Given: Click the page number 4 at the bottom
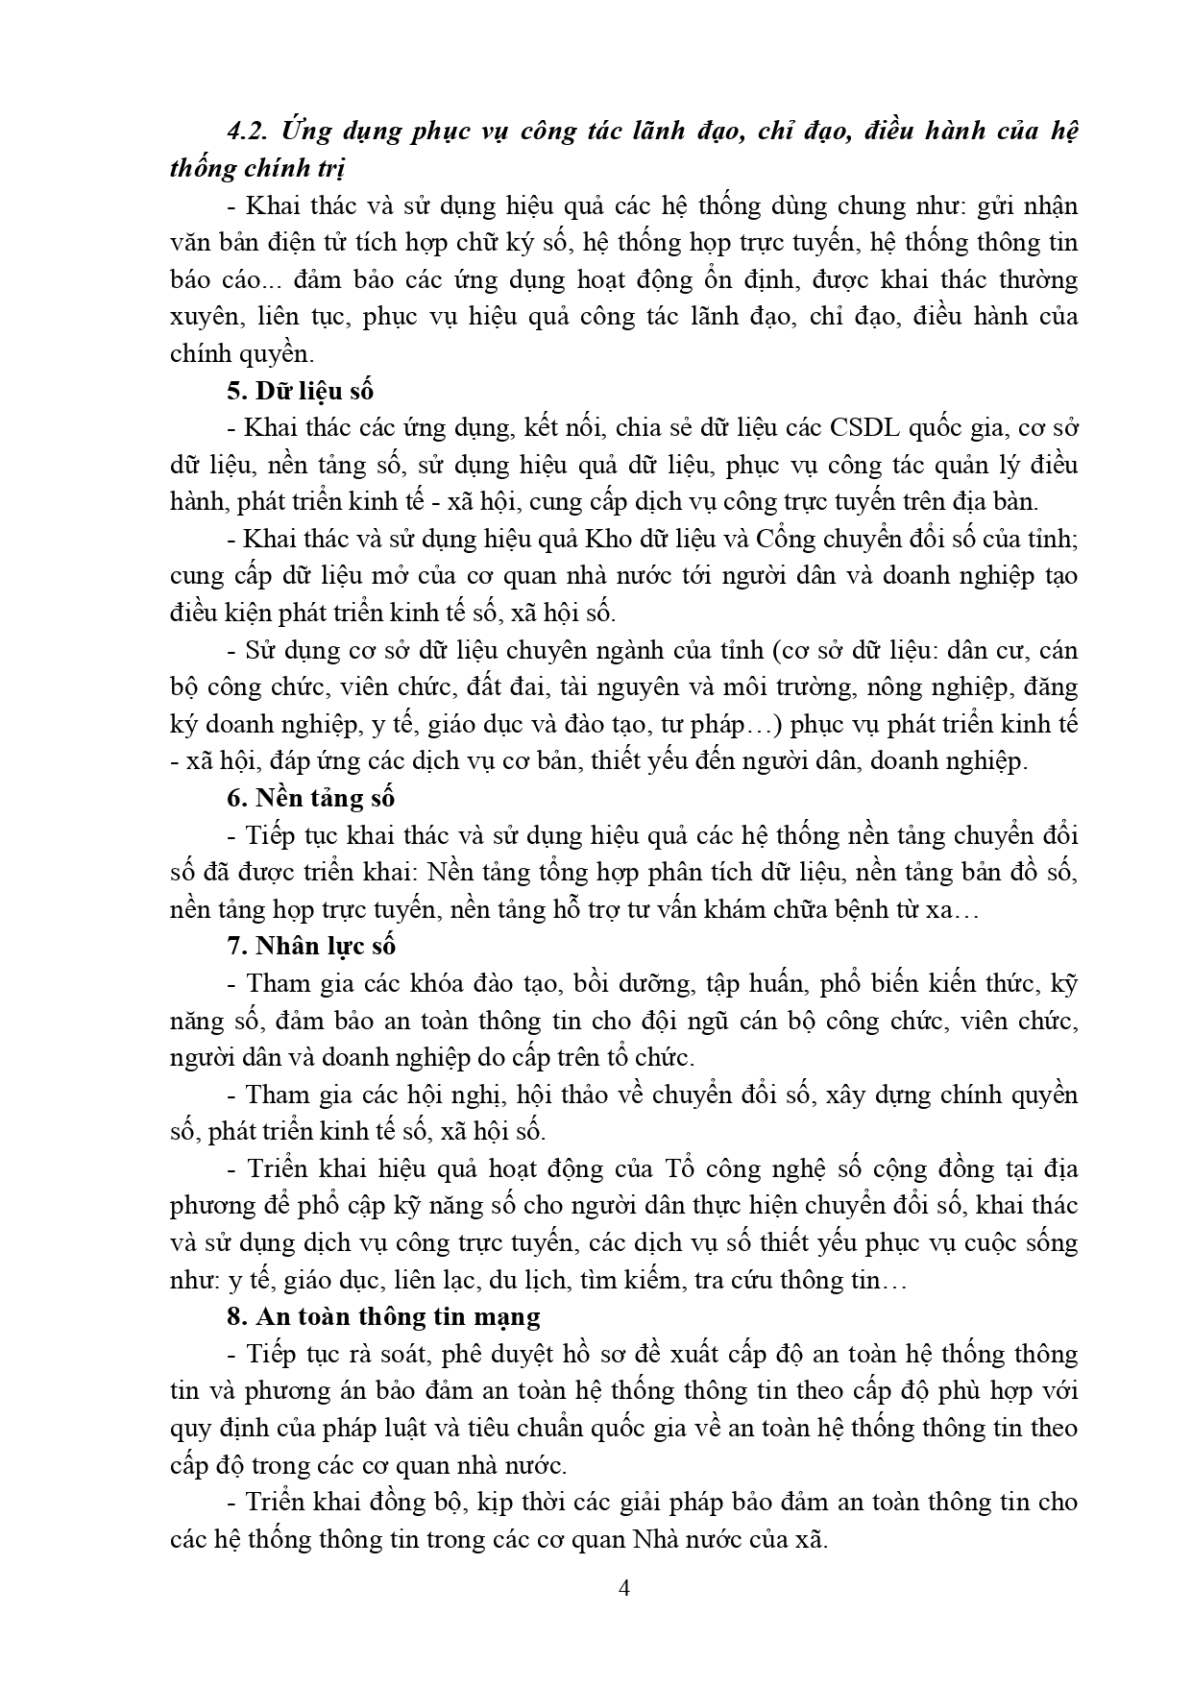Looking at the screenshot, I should point(624,1587).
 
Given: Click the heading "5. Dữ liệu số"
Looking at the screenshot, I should point(300,391).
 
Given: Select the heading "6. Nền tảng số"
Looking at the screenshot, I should point(311,798).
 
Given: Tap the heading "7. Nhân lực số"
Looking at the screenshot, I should point(311,946).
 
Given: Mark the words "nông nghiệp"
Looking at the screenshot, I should point(919,687).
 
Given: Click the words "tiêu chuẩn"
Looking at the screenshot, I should point(533,1427).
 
